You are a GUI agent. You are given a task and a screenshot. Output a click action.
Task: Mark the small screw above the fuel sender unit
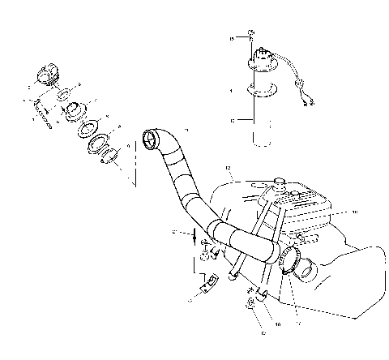[252, 33]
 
